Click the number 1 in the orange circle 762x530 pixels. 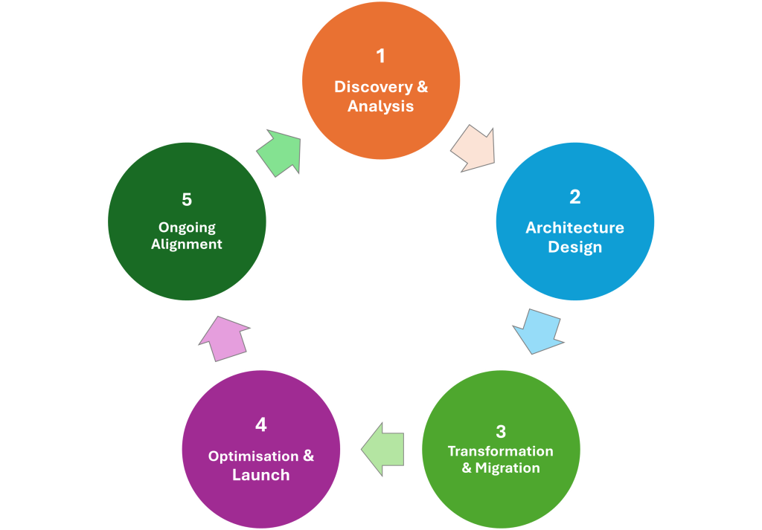point(381,56)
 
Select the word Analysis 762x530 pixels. point(380,106)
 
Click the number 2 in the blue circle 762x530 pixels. point(574,197)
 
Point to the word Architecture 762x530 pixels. point(574,227)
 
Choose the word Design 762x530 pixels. point(574,247)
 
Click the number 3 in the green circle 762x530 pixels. point(501,431)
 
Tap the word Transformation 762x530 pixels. point(500,451)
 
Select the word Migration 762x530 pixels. point(508,468)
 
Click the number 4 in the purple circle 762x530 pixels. point(260,424)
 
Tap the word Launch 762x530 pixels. point(260,475)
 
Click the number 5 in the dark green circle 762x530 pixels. point(187,200)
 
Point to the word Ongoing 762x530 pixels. point(187,227)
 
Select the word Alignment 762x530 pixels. point(187,244)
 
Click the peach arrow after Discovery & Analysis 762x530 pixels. point(473,147)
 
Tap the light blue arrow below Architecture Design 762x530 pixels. point(537,330)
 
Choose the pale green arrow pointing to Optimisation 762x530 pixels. point(383,448)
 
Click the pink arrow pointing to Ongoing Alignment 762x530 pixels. point(225,337)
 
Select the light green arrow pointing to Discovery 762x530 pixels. point(281,152)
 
